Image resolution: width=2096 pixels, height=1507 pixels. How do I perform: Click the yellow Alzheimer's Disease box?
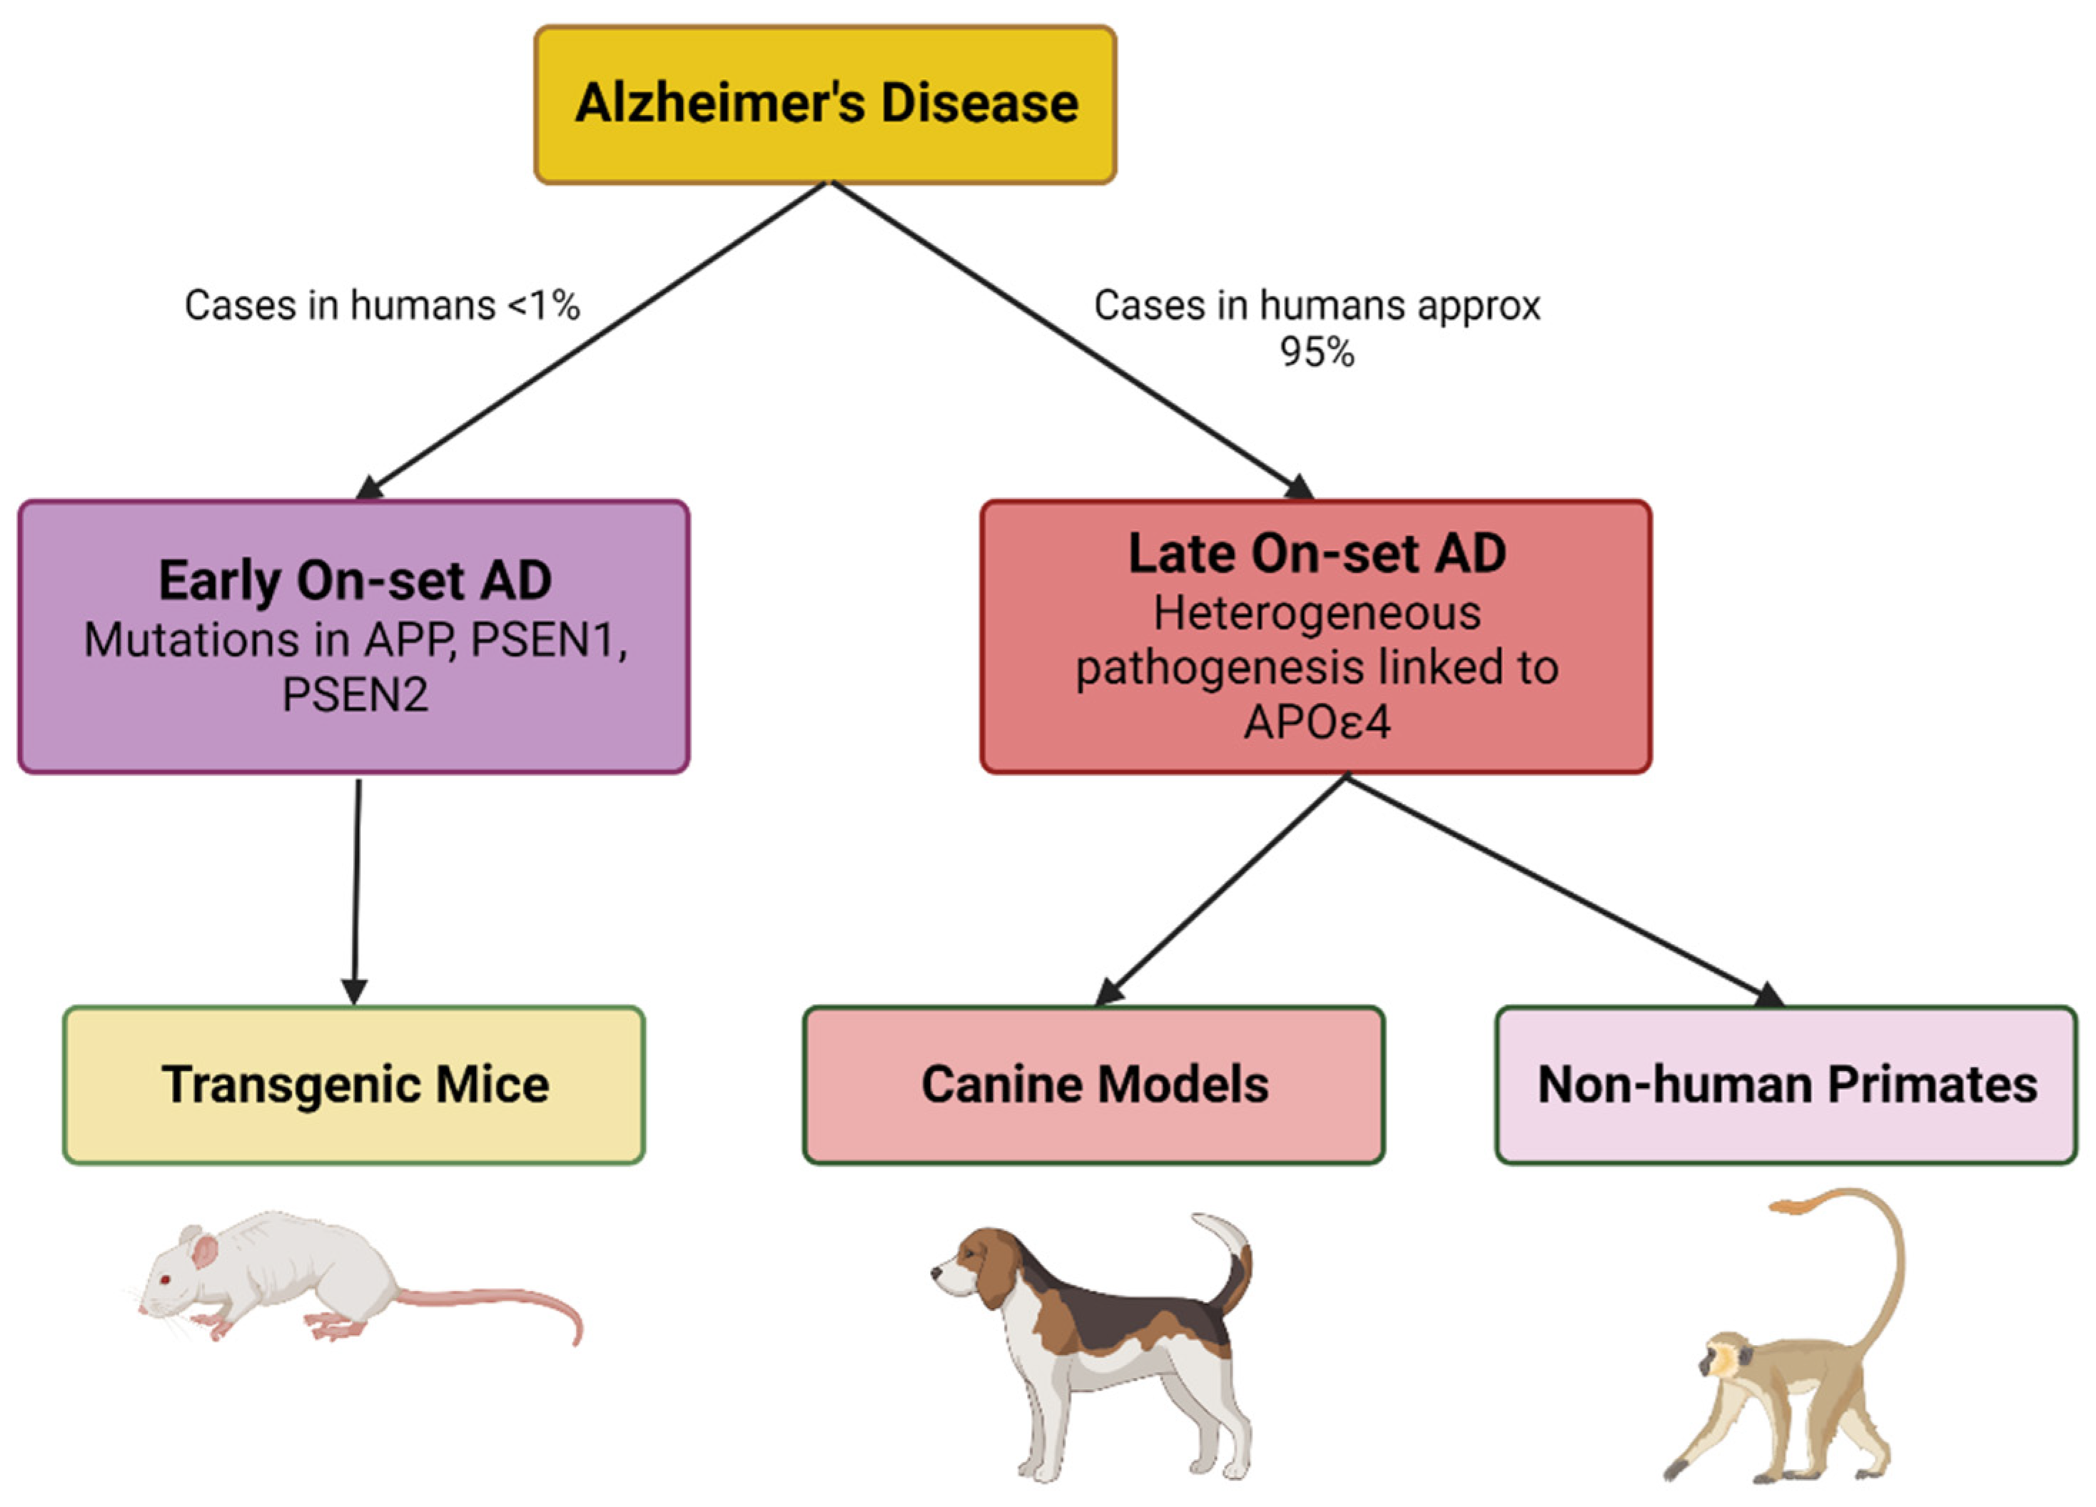pos(825,103)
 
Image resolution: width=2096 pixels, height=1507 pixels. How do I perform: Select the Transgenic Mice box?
pos(354,1085)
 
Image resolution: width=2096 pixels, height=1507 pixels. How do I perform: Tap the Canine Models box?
pos(1094,1085)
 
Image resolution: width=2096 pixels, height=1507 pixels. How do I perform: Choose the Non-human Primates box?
pos(1786,1085)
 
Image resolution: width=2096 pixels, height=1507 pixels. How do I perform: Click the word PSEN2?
pos(355,695)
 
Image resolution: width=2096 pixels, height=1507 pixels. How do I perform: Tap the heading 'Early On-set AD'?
pos(355,580)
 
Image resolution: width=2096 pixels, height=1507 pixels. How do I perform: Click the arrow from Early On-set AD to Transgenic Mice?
pos(357,887)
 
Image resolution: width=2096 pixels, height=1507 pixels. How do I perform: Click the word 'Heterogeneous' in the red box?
pos(1317,614)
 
